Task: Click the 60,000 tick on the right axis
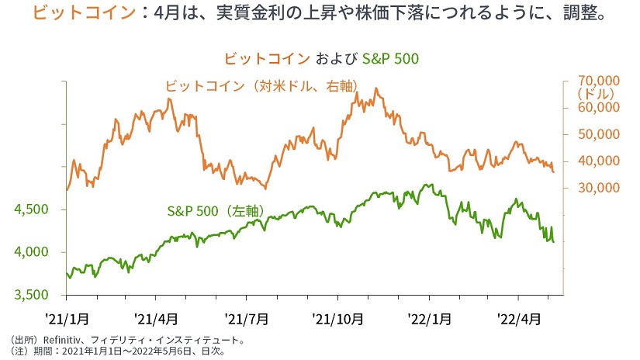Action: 597,107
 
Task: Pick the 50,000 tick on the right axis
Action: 597,134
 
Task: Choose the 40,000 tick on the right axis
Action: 597,161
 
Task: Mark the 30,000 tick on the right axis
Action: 597,188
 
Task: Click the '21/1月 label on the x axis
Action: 67,318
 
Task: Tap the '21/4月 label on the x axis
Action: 156,318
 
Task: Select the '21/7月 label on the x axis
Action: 247,318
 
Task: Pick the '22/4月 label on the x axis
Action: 517,318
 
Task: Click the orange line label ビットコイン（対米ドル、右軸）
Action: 261,86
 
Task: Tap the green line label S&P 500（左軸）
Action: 216,211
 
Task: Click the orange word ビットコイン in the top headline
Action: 76,14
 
